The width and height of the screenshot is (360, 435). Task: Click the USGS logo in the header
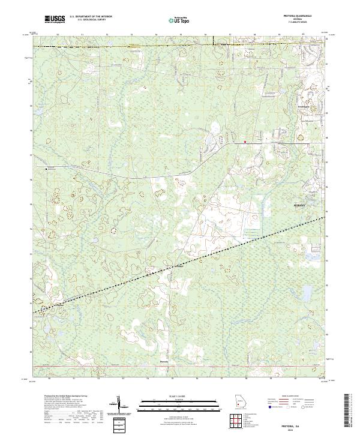(55, 20)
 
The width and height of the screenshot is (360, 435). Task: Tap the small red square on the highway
(245, 142)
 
